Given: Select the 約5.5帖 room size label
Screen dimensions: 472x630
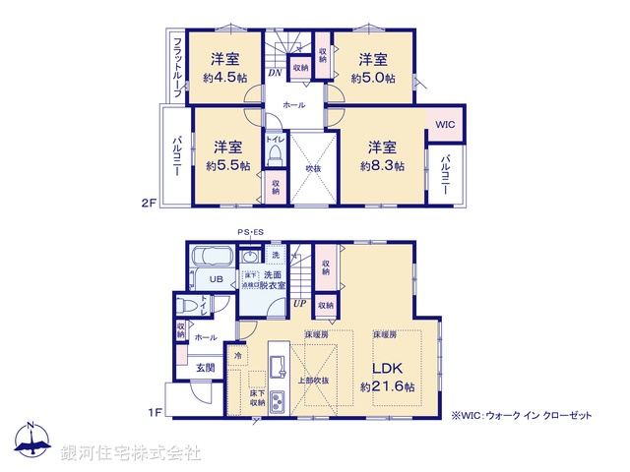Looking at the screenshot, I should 225,166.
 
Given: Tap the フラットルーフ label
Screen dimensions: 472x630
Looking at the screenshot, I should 177,67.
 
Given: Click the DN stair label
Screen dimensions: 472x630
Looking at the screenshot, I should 276,72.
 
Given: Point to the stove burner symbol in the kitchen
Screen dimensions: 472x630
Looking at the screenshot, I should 278,401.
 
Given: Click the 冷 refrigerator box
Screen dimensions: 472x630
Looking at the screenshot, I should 238,355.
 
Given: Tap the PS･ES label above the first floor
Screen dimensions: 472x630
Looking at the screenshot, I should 250,232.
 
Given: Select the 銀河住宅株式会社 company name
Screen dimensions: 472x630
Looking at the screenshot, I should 130,452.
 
